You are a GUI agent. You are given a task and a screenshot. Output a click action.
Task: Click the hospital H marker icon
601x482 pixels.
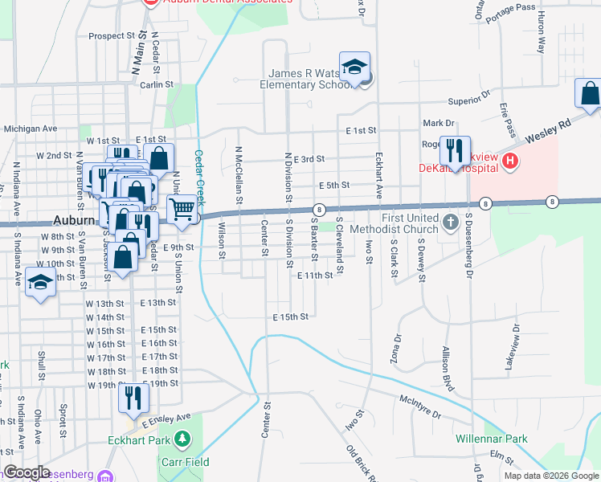pyautogui.click(x=509, y=162)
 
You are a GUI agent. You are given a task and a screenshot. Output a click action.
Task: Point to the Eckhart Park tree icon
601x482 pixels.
pyautogui.click(x=183, y=439)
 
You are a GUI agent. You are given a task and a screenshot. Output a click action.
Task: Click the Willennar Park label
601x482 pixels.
pyautogui.click(x=491, y=439)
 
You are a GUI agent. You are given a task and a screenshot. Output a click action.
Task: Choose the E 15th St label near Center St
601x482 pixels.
pyautogui.click(x=290, y=317)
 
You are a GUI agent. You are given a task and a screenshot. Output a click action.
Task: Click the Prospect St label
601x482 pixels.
pyautogui.click(x=112, y=36)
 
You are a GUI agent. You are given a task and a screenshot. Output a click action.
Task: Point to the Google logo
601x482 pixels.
pyautogui.click(x=27, y=473)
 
